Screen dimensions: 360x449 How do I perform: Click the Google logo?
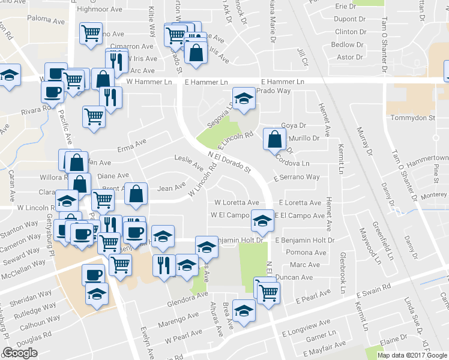point(20,353)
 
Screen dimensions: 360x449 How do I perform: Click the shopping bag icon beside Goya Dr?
point(274,139)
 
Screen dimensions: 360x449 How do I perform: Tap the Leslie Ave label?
point(188,162)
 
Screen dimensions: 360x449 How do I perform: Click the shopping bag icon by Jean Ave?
point(137,194)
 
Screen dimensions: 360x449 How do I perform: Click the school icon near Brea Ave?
point(244,311)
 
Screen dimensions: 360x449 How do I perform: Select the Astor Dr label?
point(350,58)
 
